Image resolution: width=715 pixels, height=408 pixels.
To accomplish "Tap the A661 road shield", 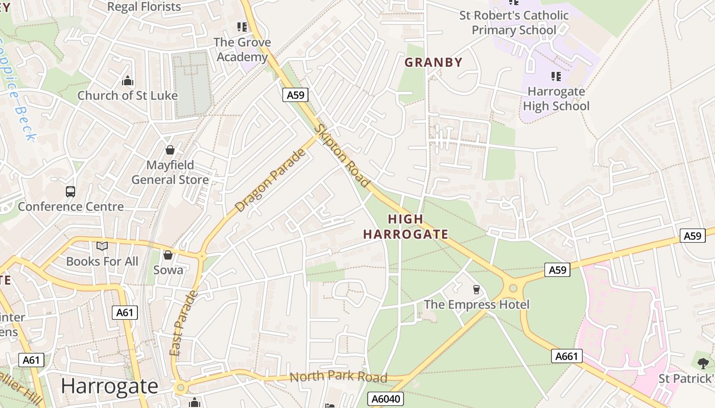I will pyautogui.click(x=567, y=356).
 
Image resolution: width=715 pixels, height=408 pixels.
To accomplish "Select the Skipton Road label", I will pyautogui.click(x=342, y=156).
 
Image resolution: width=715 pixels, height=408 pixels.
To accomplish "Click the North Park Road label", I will pyautogui.click(x=338, y=377).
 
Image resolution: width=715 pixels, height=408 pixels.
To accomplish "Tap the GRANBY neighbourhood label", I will pyautogui.click(x=433, y=62).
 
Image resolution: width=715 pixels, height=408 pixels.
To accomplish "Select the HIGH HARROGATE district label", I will pyautogui.click(x=406, y=227).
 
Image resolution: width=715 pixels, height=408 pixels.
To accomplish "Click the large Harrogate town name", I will pyautogui.click(x=110, y=386).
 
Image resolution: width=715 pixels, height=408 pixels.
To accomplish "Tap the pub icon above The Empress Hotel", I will pyautogui.click(x=476, y=290).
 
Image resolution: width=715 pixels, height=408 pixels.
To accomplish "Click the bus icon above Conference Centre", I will pyautogui.click(x=70, y=192).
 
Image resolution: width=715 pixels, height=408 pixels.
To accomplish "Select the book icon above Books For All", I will pyautogui.click(x=102, y=246).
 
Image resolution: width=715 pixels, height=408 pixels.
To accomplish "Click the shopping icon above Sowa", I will pyautogui.click(x=168, y=255).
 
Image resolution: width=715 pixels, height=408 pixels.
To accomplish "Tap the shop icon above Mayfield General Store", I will pyautogui.click(x=170, y=150).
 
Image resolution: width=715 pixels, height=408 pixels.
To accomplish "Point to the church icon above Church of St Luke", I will pyautogui.click(x=127, y=81).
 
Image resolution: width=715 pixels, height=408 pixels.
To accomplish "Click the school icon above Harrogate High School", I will pyautogui.click(x=556, y=76).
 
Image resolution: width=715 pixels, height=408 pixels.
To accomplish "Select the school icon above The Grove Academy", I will pyautogui.click(x=242, y=27).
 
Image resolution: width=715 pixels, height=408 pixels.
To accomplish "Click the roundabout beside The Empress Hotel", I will pyautogui.click(x=513, y=289).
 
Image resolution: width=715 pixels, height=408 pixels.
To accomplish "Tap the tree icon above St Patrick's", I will pyautogui.click(x=703, y=363).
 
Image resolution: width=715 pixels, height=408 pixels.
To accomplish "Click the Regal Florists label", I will pyautogui.click(x=144, y=7).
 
